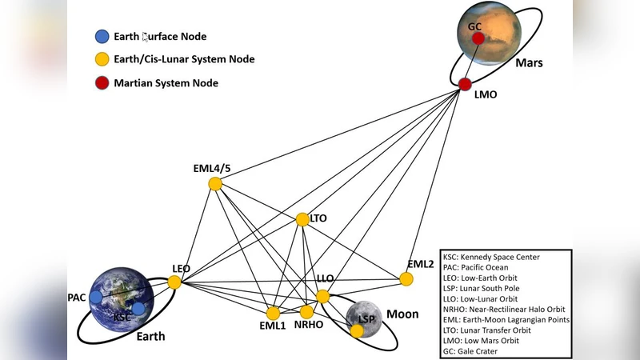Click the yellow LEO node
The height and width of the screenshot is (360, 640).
(x=174, y=282)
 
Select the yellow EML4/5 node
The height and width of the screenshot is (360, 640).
(x=215, y=183)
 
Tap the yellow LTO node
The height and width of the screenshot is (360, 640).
(x=302, y=218)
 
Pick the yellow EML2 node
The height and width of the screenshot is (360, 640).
(x=406, y=278)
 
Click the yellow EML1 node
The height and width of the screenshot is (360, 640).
(x=274, y=313)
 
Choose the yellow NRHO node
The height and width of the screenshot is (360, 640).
(x=306, y=311)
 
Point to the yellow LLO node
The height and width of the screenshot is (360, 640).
(x=322, y=296)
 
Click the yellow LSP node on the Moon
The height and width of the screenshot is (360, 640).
(x=357, y=330)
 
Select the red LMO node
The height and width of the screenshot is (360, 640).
(x=465, y=83)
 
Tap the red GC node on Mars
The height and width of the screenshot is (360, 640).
(x=478, y=38)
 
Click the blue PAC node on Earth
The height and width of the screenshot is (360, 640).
(x=96, y=297)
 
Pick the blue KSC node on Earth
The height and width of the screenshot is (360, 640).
(x=138, y=308)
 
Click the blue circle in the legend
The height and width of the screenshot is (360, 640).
(x=102, y=36)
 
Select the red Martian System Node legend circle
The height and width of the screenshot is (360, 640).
(x=102, y=82)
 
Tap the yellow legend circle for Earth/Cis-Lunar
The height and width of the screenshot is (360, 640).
(x=102, y=59)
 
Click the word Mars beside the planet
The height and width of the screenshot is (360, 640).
(x=529, y=62)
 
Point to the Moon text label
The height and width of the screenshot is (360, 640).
(x=402, y=314)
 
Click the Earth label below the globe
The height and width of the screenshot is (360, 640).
(x=150, y=336)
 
